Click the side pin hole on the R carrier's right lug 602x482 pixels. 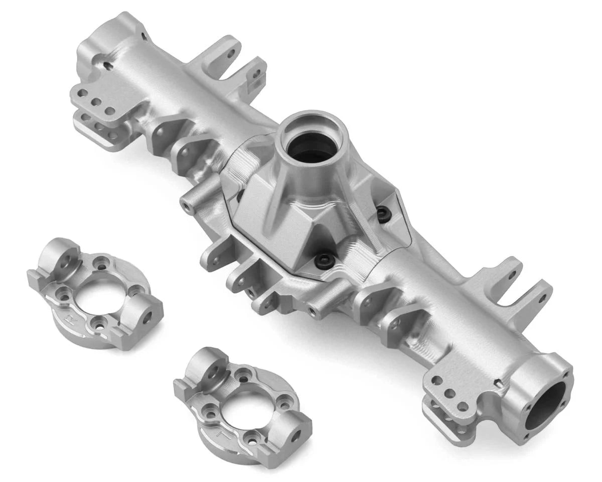[x=147, y=317]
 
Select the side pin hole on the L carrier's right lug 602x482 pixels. [x=296, y=432]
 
